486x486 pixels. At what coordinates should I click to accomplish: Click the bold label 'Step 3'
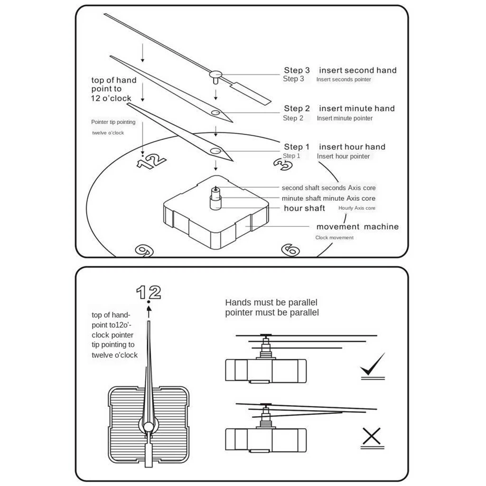coord(297,70)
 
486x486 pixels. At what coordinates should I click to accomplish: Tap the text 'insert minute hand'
coord(356,109)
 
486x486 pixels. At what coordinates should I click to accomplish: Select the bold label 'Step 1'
coord(297,147)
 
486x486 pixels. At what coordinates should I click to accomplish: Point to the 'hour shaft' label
coord(304,208)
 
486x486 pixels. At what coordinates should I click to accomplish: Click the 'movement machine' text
coord(357,227)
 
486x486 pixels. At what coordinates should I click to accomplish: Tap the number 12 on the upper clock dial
coord(152,161)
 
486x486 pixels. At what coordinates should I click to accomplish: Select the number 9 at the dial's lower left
coord(142,250)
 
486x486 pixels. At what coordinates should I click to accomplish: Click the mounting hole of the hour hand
coord(215,151)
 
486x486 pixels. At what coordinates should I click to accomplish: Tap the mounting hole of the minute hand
coord(215,113)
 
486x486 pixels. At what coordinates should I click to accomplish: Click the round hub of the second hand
coord(216,74)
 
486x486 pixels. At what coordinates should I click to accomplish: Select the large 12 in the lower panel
coord(149,292)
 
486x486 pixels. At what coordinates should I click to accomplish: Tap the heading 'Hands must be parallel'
coord(271,302)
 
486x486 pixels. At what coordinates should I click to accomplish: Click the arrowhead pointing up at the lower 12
coord(149,308)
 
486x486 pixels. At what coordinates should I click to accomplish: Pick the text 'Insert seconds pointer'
coord(344,80)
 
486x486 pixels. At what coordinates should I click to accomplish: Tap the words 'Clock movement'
coord(335,238)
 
